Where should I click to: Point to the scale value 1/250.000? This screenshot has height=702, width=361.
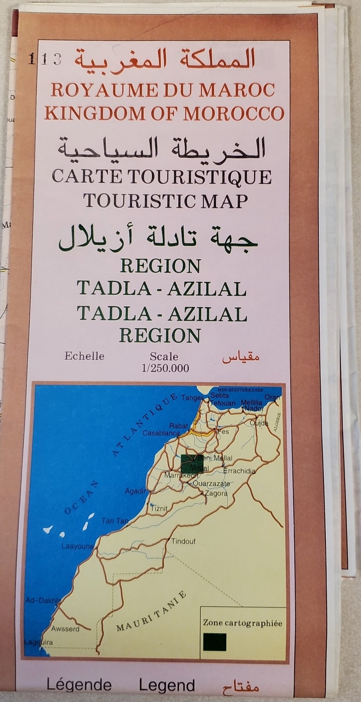165,368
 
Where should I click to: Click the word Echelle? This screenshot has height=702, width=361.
84,356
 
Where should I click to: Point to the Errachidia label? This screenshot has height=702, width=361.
239,471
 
